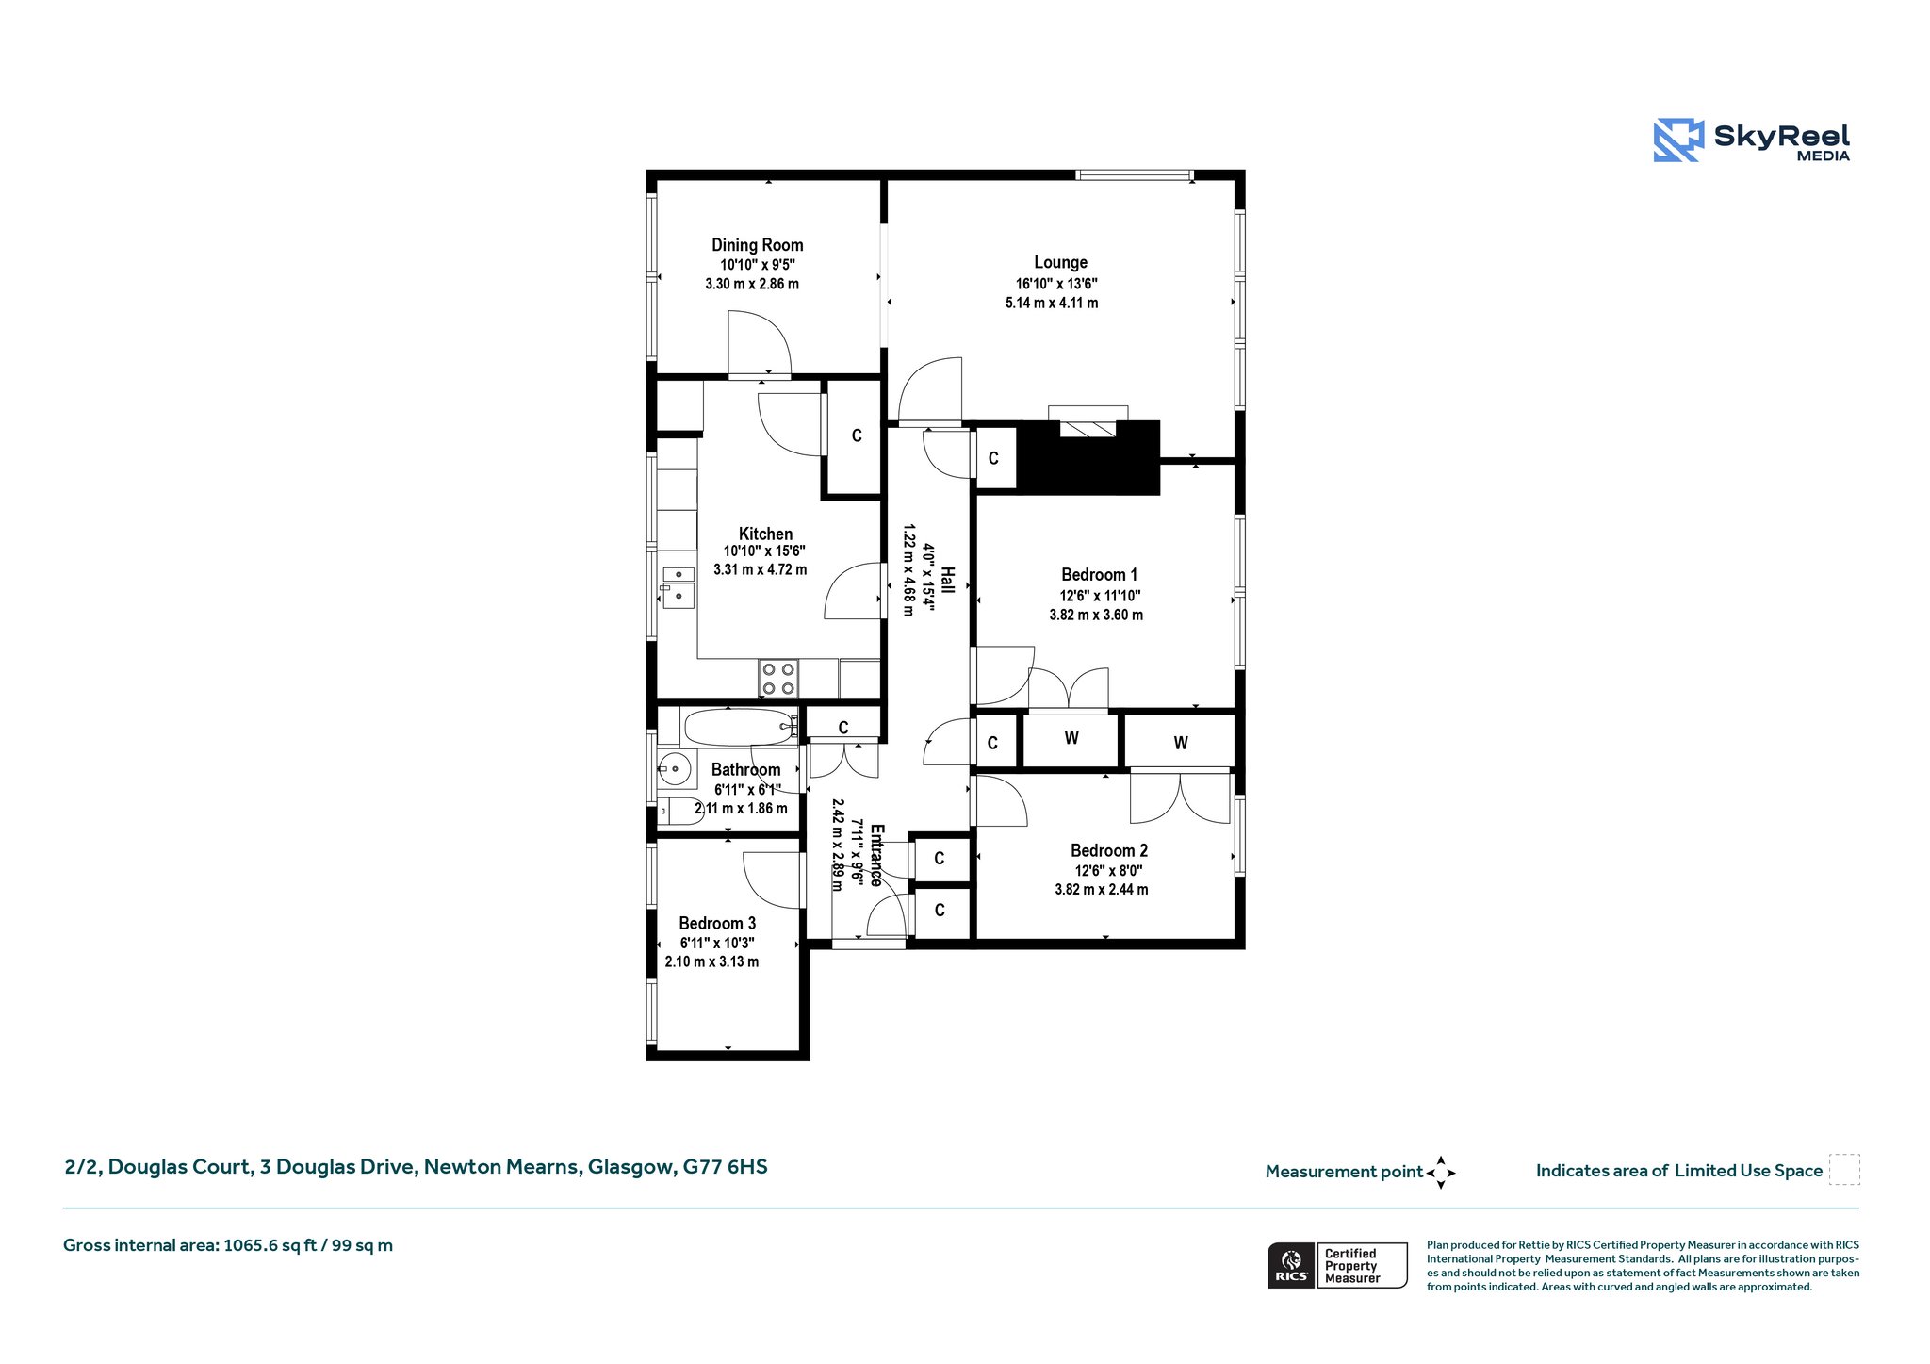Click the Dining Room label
[757, 245]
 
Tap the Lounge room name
[1060, 262]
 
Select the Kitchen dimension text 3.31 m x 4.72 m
[760, 569]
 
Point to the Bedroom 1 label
[1099, 574]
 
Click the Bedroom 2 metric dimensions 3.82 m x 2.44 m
[1101, 889]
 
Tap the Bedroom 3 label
[717, 923]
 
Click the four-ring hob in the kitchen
[778, 679]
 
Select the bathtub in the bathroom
[740, 727]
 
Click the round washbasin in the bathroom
[674, 769]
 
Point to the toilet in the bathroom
[679, 811]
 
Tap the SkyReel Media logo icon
[1678, 140]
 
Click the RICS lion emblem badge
[1291, 1265]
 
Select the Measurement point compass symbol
[1440, 1173]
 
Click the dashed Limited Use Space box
[1844, 1169]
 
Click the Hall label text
[948, 580]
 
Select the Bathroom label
[745, 769]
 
